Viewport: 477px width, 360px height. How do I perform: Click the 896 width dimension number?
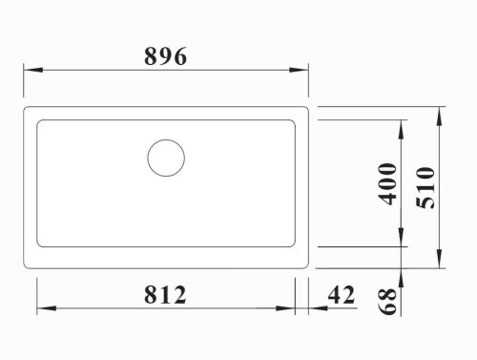(x=165, y=56)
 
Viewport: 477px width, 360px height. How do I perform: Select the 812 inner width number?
(x=165, y=295)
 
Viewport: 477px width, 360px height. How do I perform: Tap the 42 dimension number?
(x=342, y=295)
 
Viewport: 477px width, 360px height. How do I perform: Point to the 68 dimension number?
(x=387, y=301)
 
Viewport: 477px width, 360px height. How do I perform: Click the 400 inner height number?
(x=387, y=183)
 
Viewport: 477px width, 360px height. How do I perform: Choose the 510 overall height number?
(x=425, y=188)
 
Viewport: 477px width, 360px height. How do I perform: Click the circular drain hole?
(x=166, y=158)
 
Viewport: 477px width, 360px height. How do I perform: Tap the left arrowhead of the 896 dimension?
(x=33, y=70)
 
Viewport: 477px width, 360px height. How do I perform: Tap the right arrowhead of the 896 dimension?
(x=299, y=70)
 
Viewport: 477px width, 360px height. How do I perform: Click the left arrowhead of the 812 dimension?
(x=47, y=308)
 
